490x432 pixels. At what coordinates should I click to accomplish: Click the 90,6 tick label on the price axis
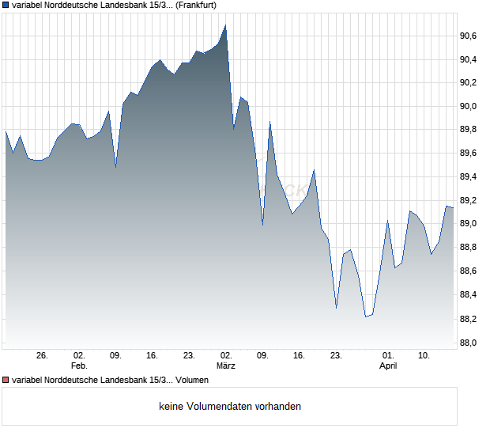pos(468,36)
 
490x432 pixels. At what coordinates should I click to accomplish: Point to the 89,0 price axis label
pos(468,224)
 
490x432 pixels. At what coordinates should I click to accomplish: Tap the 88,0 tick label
pos(468,343)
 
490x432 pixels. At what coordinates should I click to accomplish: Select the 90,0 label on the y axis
pos(468,106)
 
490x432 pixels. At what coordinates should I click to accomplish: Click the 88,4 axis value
pos(468,295)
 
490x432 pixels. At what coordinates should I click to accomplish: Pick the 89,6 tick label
pos(468,153)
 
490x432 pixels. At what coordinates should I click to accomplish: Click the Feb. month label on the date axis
pos(78,366)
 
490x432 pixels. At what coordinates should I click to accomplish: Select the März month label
pos(226,366)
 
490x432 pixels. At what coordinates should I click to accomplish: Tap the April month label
pos(388,366)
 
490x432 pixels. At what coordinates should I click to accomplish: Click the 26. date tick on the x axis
pos(42,356)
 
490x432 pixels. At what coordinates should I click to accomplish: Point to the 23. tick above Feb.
pos(189,356)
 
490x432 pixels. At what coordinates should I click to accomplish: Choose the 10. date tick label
pos(424,356)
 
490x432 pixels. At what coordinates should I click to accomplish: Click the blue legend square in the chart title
pos(6,5)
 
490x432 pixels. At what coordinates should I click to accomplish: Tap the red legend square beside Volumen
pos(6,379)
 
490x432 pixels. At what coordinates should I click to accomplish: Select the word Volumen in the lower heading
pos(192,379)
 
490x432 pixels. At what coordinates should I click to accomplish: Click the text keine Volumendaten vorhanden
pos(228,407)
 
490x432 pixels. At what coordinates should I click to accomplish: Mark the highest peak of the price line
pos(225,25)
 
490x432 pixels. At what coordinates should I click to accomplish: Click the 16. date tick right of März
pos(299,356)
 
